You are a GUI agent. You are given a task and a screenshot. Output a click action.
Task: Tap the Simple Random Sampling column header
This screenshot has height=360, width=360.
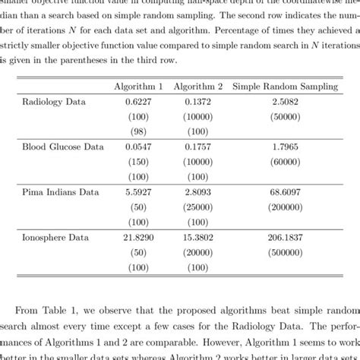tap(285, 87)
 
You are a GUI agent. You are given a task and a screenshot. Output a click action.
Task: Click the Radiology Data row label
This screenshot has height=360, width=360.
tap(54, 102)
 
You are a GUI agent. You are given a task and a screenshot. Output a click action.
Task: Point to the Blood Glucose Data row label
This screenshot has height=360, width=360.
tap(63, 144)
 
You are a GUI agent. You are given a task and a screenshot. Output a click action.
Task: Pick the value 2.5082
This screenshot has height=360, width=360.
tap(285, 102)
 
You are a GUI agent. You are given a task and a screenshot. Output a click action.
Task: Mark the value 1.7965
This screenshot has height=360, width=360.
tap(285, 144)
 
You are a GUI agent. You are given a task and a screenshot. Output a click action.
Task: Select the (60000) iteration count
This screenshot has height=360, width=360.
tap(285, 158)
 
